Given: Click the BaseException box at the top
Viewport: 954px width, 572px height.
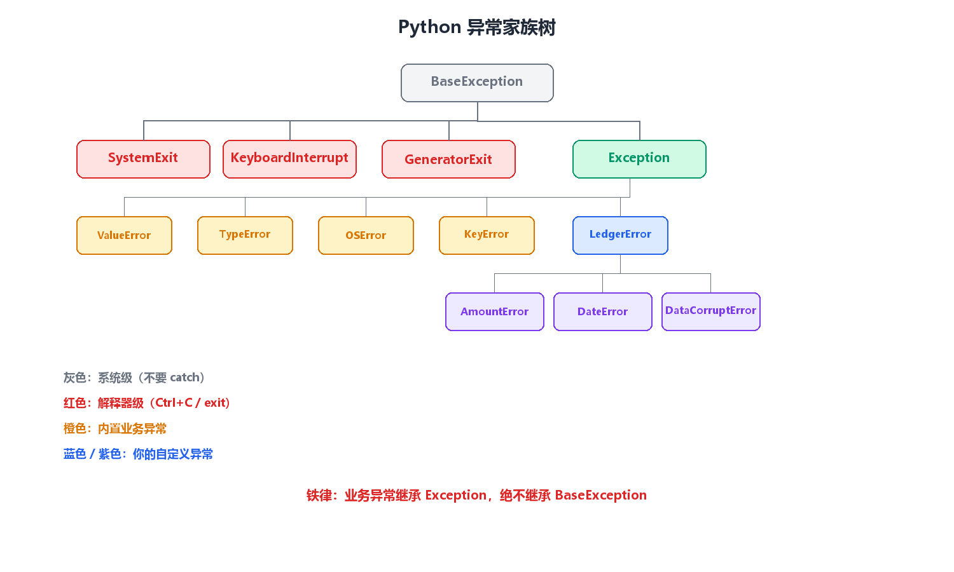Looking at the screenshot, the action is (x=477, y=83).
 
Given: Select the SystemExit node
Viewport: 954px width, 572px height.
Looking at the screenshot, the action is (x=143, y=159).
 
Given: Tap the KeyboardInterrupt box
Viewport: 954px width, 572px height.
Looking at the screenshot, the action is (x=289, y=159).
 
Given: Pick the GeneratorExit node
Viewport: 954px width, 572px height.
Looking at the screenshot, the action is (x=448, y=159).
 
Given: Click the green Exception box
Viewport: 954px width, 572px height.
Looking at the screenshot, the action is (x=639, y=159).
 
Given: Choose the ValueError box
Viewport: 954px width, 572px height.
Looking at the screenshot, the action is (x=125, y=235).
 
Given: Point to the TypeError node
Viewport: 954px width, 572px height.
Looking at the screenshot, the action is (x=245, y=235).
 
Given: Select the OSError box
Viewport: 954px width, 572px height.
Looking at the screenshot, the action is (x=366, y=235).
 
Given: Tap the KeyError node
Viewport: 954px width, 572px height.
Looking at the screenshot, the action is (x=487, y=235).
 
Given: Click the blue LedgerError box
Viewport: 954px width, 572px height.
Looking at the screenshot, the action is (x=620, y=235).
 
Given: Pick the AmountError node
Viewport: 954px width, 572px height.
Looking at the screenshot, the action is (x=494, y=311).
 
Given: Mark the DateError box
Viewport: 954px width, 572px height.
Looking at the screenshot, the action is (x=603, y=311).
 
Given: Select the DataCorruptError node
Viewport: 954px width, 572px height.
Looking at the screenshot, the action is (x=711, y=311).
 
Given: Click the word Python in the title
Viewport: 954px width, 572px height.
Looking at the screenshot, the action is (x=430, y=27).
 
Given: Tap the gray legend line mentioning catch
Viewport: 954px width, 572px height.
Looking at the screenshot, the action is (x=134, y=378).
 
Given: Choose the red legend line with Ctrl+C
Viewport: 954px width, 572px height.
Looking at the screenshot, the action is (x=147, y=402).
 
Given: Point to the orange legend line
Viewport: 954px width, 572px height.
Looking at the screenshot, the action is (x=115, y=428).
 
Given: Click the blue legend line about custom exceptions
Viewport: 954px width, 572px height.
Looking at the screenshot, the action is (x=138, y=454).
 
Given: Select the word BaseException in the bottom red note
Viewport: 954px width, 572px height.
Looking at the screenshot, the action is (x=601, y=495).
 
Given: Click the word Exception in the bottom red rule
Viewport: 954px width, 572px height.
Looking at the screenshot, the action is (x=456, y=495).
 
